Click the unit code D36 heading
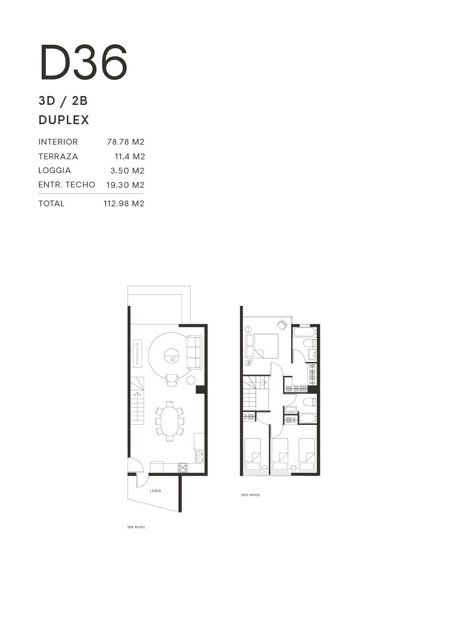[x=84, y=62]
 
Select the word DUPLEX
[x=64, y=120]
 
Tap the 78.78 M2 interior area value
[x=126, y=142]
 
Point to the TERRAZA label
[x=58, y=157]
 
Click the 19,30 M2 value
[x=125, y=185]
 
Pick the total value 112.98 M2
[x=124, y=204]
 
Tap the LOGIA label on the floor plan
[x=155, y=491]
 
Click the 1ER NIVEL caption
[x=136, y=527]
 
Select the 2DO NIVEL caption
[x=251, y=495]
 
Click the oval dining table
[x=169, y=421]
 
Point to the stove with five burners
[x=183, y=468]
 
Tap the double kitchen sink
[x=200, y=457]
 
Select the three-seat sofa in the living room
[x=194, y=352]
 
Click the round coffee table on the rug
[x=171, y=356]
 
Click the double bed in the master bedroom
[x=262, y=346]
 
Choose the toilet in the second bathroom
[x=310, y=402]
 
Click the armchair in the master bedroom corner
[x=282, y=325]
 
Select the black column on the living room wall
[x=200, y=389]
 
